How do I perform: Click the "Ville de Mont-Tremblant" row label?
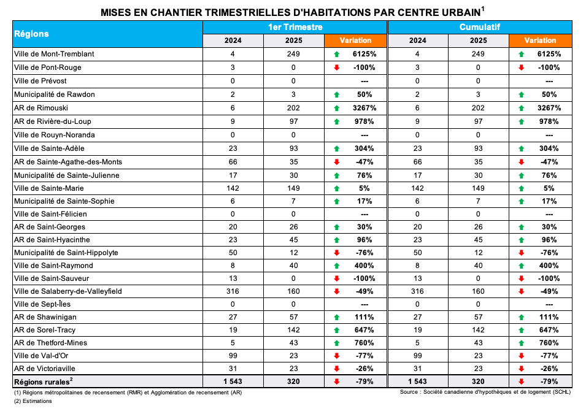click(x=53, y=54)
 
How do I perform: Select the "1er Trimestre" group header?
click(x=295, y=27)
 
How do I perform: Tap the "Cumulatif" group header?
click(x=480, y=27)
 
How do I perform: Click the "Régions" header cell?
click(x=32, y=34)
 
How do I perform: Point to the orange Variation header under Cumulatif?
click(x=541, y=40)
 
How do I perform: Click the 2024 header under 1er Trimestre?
click(x=233, y=40)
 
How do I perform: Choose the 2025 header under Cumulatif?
click(x=479, y=40)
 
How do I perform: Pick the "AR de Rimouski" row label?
click(x=41, y=107)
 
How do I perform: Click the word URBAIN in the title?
click(x=456, y=12)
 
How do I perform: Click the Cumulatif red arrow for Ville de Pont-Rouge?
click(x=522, y=67)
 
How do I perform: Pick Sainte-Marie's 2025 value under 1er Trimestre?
click(x=294, y=188)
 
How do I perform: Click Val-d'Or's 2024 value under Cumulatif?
click(x=418, y=356)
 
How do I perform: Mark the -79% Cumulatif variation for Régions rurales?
click(x=549, y=381)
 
